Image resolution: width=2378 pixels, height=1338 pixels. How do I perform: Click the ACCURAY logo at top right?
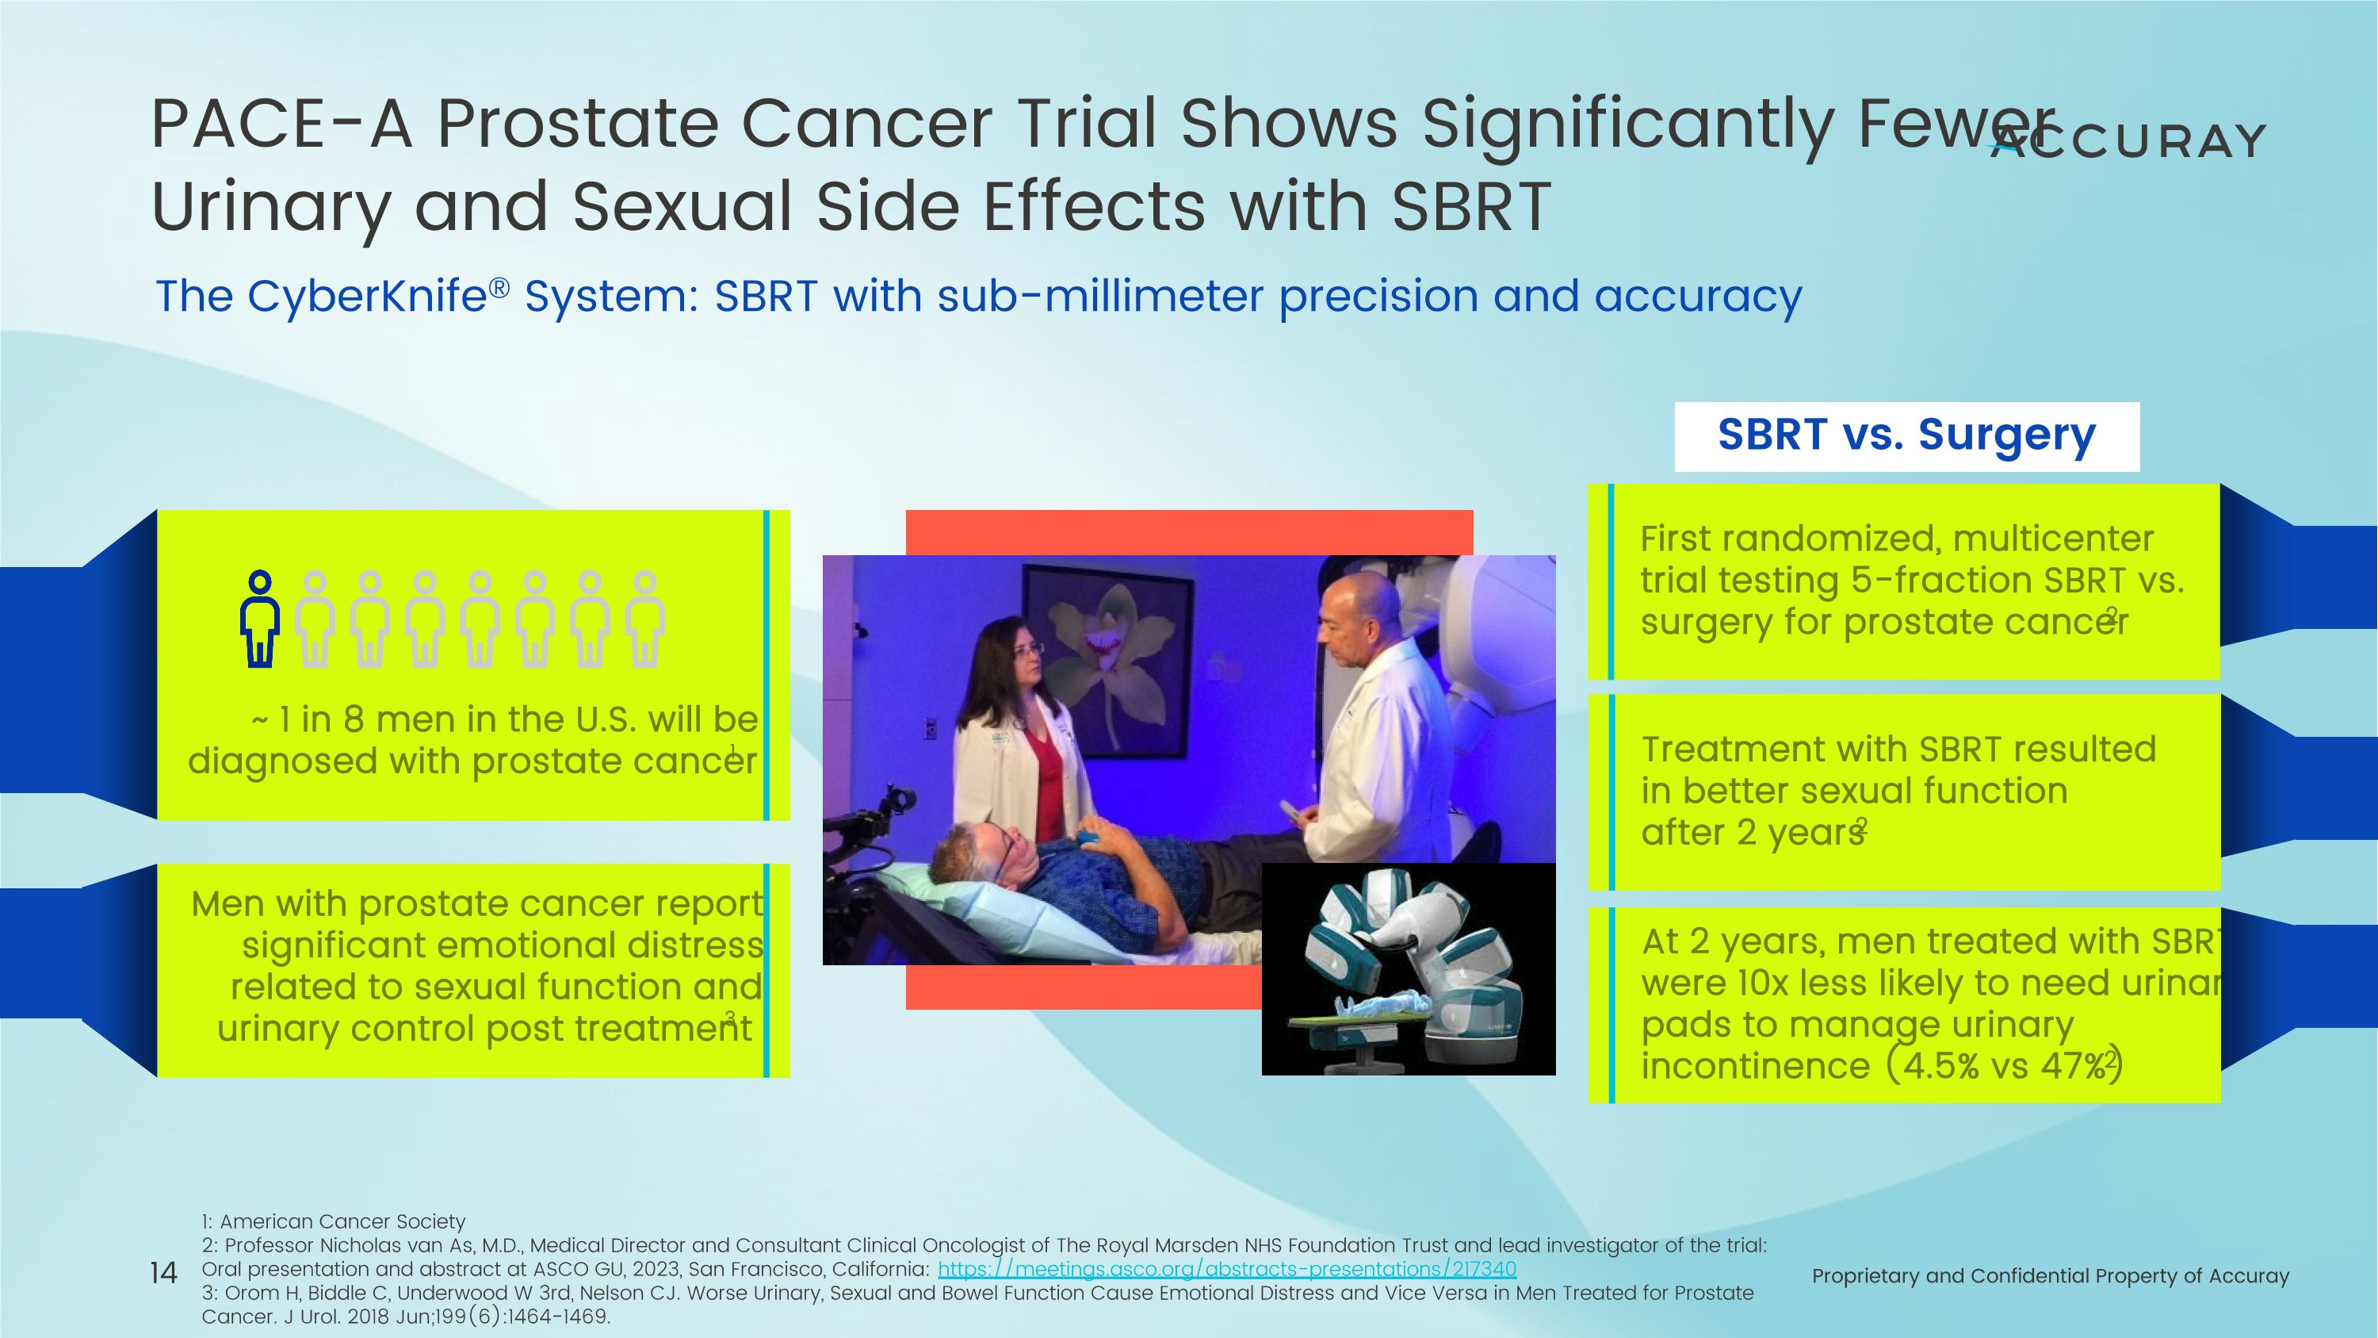(x=2128, y=141)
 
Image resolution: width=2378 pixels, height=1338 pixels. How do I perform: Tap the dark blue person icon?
(x=259, y=619)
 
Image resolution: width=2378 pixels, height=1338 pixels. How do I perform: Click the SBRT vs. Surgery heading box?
(x=1906, y=436)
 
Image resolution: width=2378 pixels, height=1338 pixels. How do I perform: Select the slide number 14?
(x=163, y=1274)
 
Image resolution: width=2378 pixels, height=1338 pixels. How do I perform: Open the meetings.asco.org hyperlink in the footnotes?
(x=1226, y=1270)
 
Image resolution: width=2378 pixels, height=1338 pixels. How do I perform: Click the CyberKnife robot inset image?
(x=1408, y=969)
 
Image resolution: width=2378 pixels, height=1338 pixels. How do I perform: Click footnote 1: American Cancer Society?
(x=333, y=1221)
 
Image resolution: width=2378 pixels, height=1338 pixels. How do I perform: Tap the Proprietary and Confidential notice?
(x=2049, y=1276)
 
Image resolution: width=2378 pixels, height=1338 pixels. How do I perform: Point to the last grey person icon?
(x=645, y=619)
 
